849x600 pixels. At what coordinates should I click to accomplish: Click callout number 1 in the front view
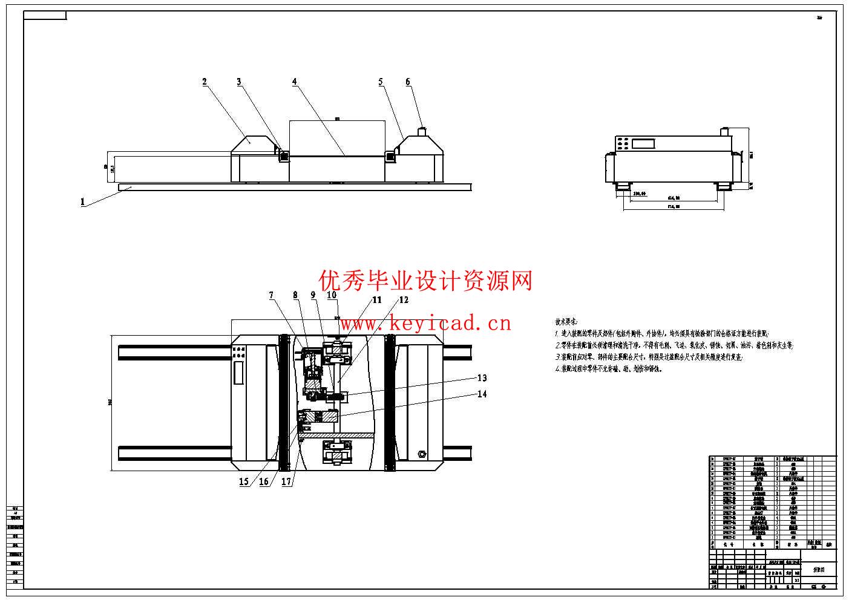pos(83,202)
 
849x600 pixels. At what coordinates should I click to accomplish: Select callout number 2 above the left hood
pos(205,82)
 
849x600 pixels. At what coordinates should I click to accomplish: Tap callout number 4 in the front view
pos(295,82)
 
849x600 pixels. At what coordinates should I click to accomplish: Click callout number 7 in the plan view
pos(272,295)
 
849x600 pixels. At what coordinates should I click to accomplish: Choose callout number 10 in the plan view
pos(332,295)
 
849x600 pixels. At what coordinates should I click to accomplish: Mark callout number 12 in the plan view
pos(404,299)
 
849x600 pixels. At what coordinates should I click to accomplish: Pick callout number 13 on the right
pos(482,378)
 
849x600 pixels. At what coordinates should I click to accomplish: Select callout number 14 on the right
pos(482,394)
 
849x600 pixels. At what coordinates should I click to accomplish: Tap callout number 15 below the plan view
pos(244,481)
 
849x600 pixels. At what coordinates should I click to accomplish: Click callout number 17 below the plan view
pos(286,481)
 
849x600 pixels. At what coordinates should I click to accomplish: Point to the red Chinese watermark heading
pos(426,281)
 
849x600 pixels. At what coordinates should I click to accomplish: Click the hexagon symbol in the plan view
pos(422,453)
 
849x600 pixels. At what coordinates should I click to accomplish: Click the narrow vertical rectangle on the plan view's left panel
pos(238,371)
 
